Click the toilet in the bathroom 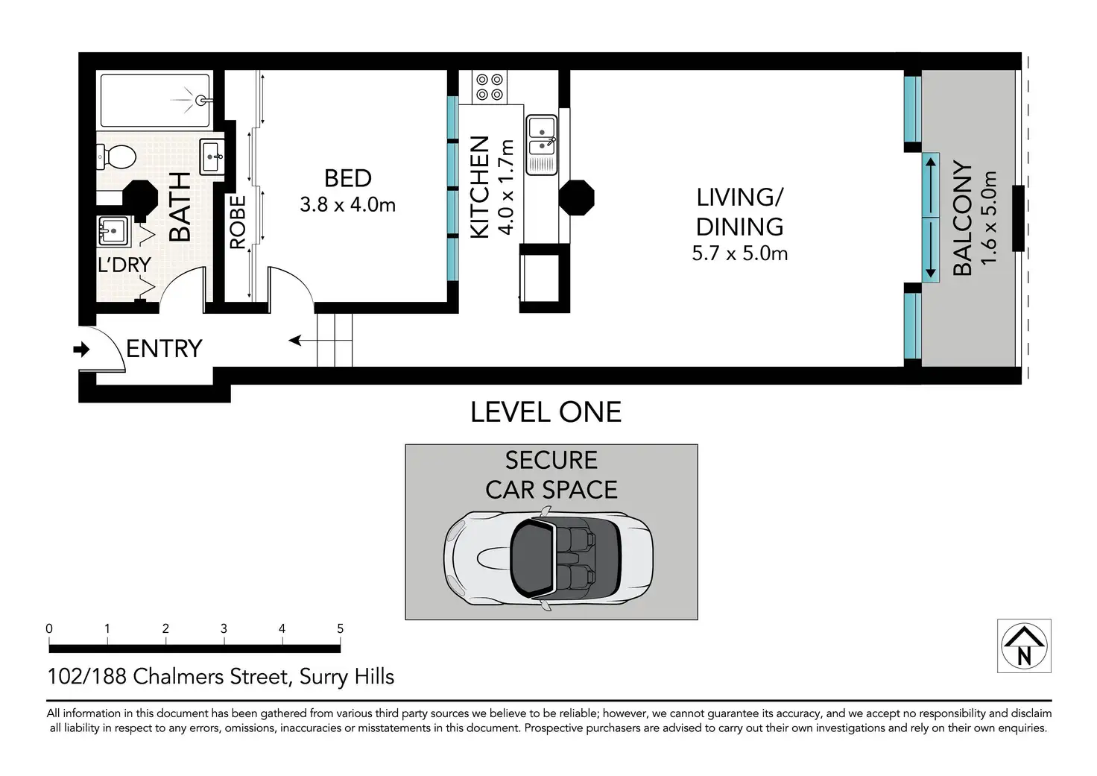(x=116, y=157)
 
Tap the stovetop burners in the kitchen (x=489, y=86)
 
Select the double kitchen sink (x=541, y=145)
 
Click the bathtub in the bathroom (x=156, y=101)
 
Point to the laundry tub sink (x=113, y=230)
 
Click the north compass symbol (x=1024, y=646)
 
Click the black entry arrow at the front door (x=81, y=350)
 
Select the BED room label (x=348, y=178)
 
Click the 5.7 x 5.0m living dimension (x=739, y=253)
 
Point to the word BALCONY (x=962, y=218)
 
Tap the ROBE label (x=238, y=222)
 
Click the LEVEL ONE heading (x=546, y=412)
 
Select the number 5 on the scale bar (x=341, y=628)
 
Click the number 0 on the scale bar (x=49, y=628)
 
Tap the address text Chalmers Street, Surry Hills (x=264, y=677)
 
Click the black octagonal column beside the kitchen (x=576, y=198)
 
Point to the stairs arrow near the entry (x=320, y=340)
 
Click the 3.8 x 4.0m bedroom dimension (x=348, y=204)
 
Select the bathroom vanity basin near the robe (x=212, y=157)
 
